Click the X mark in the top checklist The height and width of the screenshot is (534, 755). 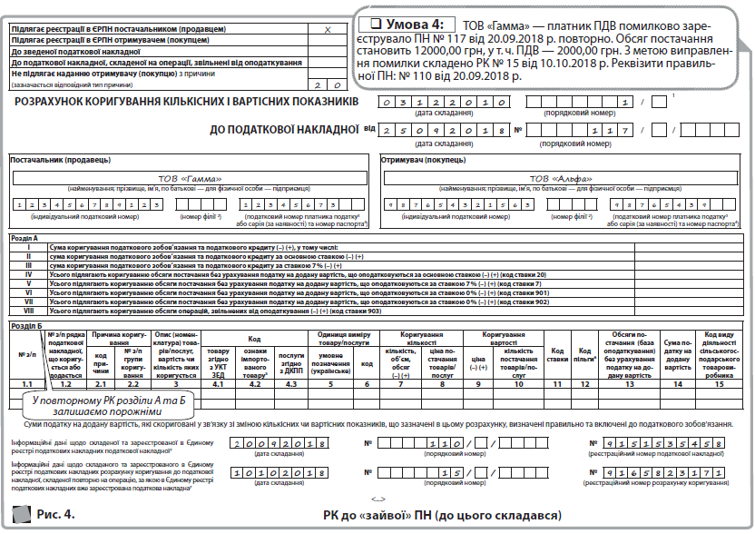(x=328, y=30)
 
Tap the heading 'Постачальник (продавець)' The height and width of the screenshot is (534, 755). (x=61, y=160)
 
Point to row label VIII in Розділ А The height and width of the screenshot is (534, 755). (x=30, y=311)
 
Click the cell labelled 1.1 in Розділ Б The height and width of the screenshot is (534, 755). (x=28, y=385)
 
